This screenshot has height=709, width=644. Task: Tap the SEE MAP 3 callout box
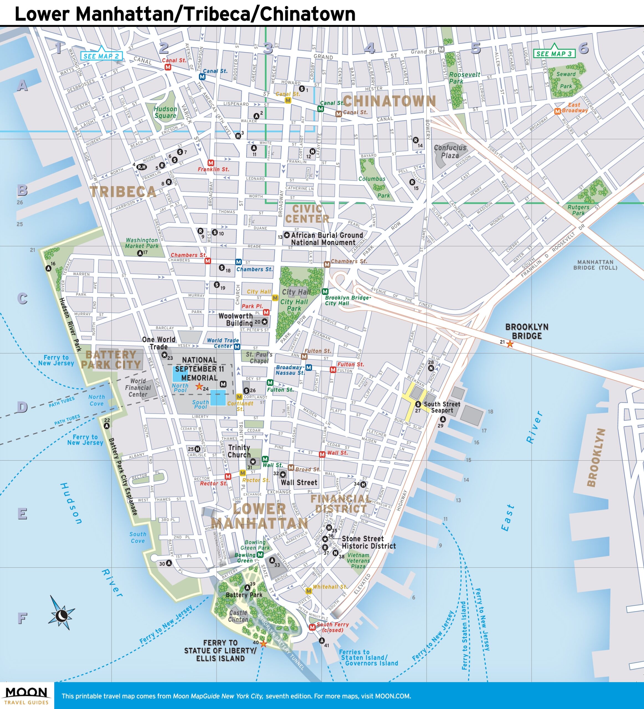pyautogui.click(x=554, y=53)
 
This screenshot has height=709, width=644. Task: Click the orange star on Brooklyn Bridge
pyautogui.click(x=510, y=344)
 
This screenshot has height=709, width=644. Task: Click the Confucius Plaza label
pyautogui.click(x=450, y=151)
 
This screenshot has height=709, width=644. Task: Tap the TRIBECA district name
pyautogui.click(x=123, y=192)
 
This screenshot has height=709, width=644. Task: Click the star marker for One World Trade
pyautogui.click(x=164, y=355)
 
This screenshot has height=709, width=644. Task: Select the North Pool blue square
pyautogui.click(x=180, y=374)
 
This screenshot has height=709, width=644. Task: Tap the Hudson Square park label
pyautogui.click(x=165, y=112)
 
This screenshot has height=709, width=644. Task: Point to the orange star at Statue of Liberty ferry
pyautogui.click(x=263, y=644)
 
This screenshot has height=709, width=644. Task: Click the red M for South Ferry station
pyautogui.click(x=312, y=627)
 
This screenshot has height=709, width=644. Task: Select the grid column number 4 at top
pyautogui.click(x=369, y=48)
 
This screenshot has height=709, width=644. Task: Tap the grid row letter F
pyautogui.click(x=22, y=618)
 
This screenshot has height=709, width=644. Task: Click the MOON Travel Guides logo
pyautogui.click(x=27, y=696)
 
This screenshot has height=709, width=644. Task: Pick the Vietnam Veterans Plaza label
pyautogui.click(x=358, y=561)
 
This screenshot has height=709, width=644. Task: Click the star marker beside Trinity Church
pyautogui.click(x=253, y=461)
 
